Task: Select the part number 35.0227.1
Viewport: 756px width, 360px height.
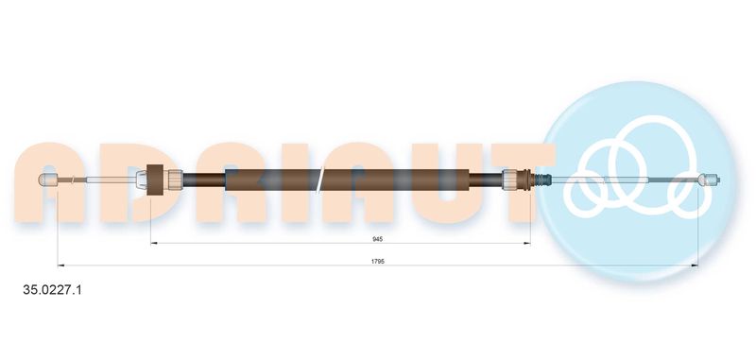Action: click(53, 290)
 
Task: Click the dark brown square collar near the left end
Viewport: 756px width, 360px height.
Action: click(154, 180)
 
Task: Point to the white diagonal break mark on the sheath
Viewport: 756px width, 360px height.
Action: click(319, 180)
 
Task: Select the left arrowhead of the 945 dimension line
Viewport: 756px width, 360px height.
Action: click(154, 244)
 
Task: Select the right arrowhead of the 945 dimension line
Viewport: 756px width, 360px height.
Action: click(527, 244)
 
